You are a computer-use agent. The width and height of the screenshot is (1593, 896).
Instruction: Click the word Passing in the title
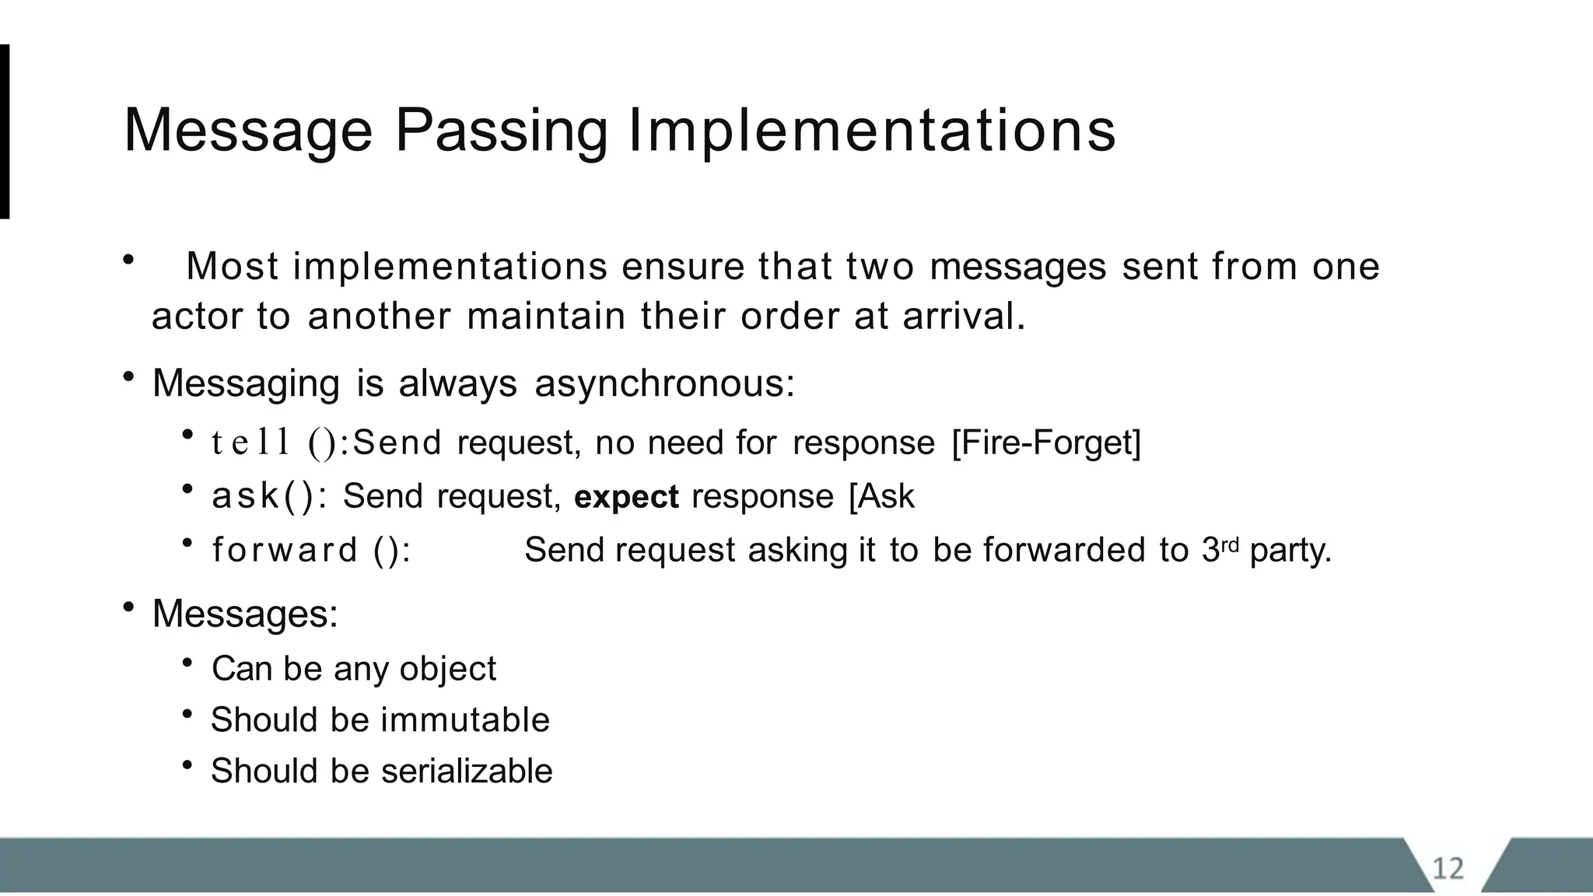click(501, 131)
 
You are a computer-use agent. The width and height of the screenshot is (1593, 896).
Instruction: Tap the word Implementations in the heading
click(871, 131)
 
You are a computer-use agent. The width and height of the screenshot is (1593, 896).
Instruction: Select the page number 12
click(1448, 868)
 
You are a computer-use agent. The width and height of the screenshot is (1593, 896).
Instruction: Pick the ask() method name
click(264, 496)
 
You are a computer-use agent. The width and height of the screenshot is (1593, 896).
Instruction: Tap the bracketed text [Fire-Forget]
click(1046, 443)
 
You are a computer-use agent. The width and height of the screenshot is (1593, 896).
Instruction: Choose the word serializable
click(467, 771)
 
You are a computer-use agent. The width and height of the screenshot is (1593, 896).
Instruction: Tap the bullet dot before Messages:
click(128, 607)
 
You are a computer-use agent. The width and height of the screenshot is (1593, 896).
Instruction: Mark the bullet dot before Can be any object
click(187, 663)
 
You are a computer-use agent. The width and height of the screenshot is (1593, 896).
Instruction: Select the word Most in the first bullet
click(232, 266)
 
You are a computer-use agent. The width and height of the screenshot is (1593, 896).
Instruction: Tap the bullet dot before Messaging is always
click(128, 377)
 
